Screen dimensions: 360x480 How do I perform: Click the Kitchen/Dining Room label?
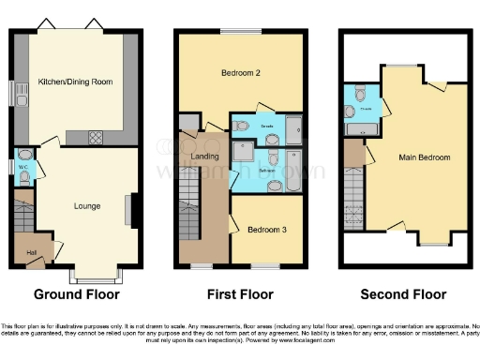(x=75, y=82)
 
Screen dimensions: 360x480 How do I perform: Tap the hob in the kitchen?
(x=96, y=136)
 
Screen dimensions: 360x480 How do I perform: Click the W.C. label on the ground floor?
(x=22, y=168)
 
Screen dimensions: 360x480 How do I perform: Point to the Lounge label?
(x=87, y=205)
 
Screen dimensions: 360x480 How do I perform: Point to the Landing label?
(x=203, y=157)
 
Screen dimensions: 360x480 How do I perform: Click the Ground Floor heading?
(x=77, y=293)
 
